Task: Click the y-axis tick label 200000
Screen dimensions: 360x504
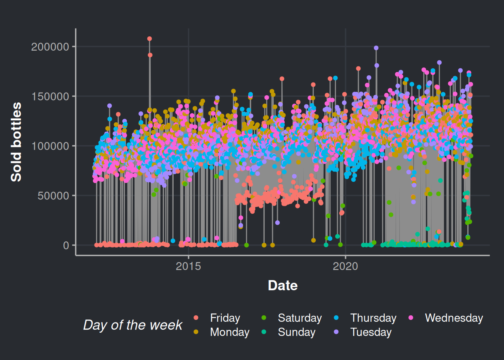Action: [x=50, y=47]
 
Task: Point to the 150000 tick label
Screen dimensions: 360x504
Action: [x=50, y=96]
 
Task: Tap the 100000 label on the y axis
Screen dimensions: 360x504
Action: [x=50, y=146]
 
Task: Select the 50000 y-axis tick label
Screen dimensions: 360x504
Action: [x=53, y=196]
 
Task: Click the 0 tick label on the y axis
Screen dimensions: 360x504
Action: [x=66, y=246]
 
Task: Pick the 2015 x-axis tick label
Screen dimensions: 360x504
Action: [x=188, y=266]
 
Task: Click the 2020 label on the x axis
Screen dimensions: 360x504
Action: [x=345, y=266]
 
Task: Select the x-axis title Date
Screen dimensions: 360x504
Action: [x=283, y=286]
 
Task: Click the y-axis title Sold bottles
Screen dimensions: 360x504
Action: [x=16, y=142]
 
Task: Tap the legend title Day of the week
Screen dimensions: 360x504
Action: [x=133, y=325]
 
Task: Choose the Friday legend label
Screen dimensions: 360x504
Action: [x=225, y=318]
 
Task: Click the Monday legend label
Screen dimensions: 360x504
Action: [x=229, y=332]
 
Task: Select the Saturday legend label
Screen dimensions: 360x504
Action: [x=300, y=318]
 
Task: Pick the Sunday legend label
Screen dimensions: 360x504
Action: [x=296, y=332]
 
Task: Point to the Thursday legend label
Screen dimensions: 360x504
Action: [x=373, y=318]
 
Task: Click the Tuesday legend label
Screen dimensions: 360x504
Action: [x=370, y=332]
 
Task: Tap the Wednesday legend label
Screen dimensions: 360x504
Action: [x=454, y=318]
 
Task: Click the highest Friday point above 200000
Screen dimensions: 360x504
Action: [x=150, y=39]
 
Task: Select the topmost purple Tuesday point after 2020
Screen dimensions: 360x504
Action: [x=376, y=48]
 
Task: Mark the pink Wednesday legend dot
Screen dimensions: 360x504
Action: [x=411, y=318]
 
